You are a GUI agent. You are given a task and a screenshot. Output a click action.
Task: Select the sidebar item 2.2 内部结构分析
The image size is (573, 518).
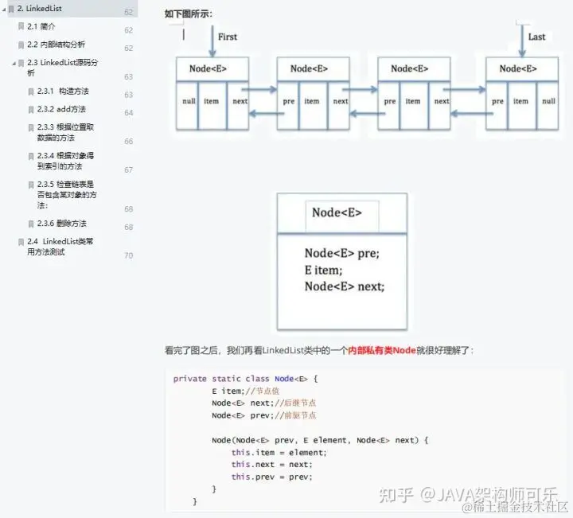[56, 45]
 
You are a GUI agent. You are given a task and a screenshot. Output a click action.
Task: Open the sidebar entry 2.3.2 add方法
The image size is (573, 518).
[61, 109]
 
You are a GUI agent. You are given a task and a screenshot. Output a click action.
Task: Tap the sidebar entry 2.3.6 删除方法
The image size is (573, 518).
[61, 224]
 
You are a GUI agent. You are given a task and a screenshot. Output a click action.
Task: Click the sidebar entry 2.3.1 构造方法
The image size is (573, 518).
[63, 92]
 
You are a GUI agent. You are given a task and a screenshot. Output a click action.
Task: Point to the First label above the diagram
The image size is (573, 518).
[228, 37]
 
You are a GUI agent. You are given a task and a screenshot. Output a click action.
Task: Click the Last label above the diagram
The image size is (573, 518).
[537, 37]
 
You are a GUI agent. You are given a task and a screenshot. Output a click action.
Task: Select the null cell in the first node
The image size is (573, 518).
[188, 101]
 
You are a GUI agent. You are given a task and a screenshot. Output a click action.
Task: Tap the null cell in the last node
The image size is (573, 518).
[548, 101]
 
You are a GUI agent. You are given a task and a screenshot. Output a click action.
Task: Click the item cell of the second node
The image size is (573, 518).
[311, 101]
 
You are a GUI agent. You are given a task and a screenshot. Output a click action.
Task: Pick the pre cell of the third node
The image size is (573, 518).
[389, 101]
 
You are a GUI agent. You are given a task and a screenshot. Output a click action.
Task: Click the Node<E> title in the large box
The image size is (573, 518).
[337, 212]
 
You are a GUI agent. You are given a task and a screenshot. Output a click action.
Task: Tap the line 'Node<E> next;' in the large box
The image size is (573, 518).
[344, 286]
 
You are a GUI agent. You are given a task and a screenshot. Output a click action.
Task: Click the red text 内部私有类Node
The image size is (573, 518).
[382, 349]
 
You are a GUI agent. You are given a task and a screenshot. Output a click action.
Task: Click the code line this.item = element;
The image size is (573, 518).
[279, 452]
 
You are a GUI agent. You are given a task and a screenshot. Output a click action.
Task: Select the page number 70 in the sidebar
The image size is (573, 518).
[128, 255]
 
